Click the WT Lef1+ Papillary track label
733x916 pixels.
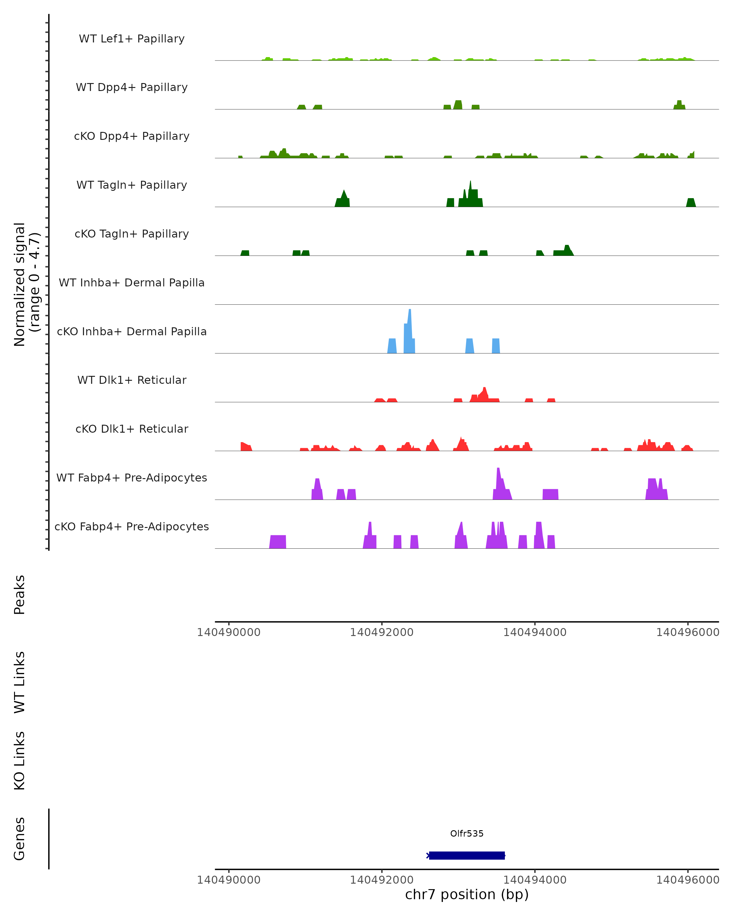pos(132,39)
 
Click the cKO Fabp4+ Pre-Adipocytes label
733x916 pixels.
pos(132,526)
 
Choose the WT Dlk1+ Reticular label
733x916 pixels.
pos(132,380)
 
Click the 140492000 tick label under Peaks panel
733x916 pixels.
pos(381,632)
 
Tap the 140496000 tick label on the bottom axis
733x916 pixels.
pos(687,880)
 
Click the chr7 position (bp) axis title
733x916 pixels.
pos(467,895)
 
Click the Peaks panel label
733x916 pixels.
pos(20,595)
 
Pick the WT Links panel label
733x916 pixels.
pos(20,682)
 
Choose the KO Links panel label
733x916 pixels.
pos(20,761)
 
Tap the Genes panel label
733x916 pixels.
pos(20,839)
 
